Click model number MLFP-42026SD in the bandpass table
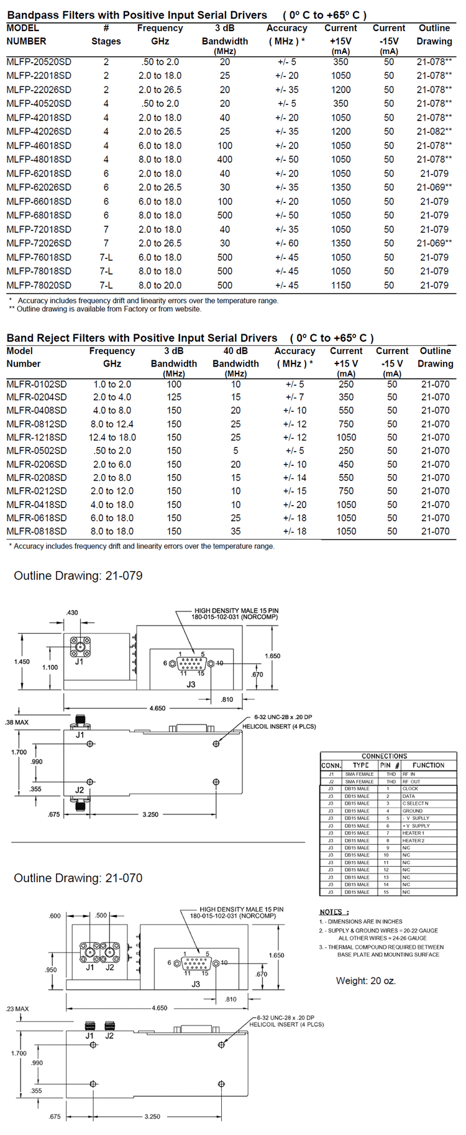coord(39,132)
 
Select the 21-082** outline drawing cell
coord(434,132)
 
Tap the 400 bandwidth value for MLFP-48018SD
coord(224,160)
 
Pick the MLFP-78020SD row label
coord(39,285)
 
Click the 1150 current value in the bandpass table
coord(340,285)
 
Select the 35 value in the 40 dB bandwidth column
coord(235,531)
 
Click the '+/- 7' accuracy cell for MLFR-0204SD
coord(295,397)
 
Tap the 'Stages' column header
coord(106,41)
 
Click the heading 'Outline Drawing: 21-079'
coord(78,576)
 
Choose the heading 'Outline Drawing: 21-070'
coord(78,878)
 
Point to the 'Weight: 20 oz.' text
coord(365,981)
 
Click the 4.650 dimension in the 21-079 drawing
coord(157,708)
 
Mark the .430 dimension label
coord(72,613)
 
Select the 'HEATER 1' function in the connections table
coord(413,833)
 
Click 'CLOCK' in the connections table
coord(410,789)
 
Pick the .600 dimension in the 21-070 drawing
coord(55,916)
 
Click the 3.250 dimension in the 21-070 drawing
coord(152,1116)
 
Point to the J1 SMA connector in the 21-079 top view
coord(80,647)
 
